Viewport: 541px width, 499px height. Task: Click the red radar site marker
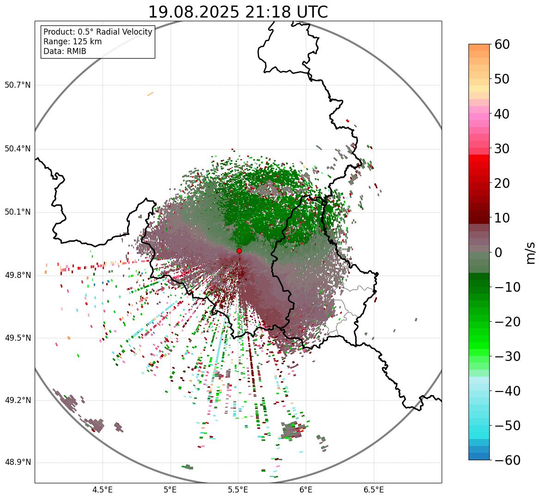(x=239, y=251)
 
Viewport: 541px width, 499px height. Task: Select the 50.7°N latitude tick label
(x=18, y=85)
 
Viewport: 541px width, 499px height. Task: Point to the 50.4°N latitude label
(x=18, y=149)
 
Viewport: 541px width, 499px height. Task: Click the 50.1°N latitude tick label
(x=18, y=212)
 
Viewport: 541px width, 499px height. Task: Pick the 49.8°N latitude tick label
(x=18, y=275)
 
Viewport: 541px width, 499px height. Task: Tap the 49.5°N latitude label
(x=18, y=338)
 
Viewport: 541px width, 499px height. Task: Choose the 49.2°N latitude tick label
(x=18, y=400)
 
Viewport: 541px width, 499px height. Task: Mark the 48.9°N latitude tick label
(x=18, y=463)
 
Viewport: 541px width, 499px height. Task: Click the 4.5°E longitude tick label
(x=103, y=490)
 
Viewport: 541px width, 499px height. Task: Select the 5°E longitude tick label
(x=170, y=490)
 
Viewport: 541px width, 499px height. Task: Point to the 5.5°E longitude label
(x=238, y=490)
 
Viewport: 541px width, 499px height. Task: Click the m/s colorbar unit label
(x=530, y=252)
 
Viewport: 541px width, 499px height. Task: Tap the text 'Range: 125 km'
(x=73, y=42)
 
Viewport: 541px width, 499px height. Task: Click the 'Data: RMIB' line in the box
(x=65, y=51)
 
